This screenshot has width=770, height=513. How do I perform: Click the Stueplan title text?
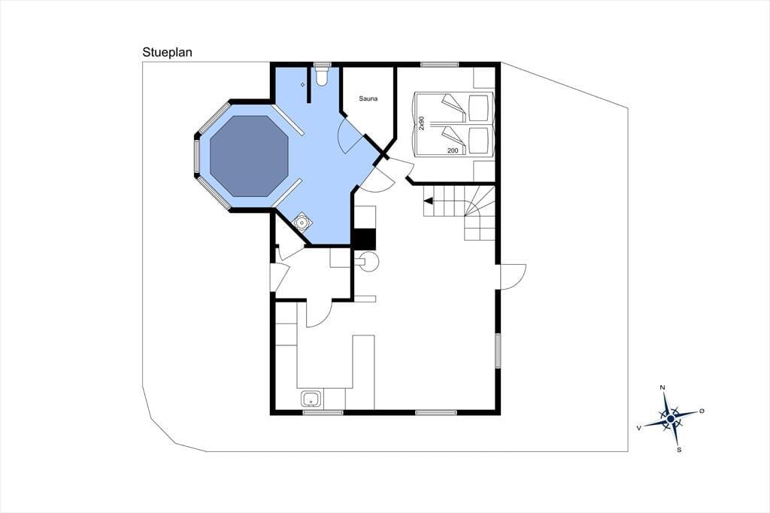167,52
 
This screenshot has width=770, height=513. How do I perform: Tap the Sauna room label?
368,99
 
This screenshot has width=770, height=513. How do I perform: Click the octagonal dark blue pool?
249,156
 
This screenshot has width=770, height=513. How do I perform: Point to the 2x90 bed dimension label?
421,123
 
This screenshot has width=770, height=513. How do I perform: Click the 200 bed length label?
453,150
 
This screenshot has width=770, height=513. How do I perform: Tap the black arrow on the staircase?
428,201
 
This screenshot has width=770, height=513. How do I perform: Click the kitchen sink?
311,399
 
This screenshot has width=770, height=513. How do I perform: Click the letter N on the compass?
662,387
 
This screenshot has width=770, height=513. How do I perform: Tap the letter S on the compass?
679,450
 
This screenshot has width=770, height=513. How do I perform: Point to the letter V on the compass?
639,428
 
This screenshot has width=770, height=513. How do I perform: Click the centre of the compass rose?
670,419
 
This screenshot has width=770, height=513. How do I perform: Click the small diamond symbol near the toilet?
303,85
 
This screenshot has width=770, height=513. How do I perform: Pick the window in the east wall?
498,351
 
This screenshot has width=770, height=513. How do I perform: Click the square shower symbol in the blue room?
302,223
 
